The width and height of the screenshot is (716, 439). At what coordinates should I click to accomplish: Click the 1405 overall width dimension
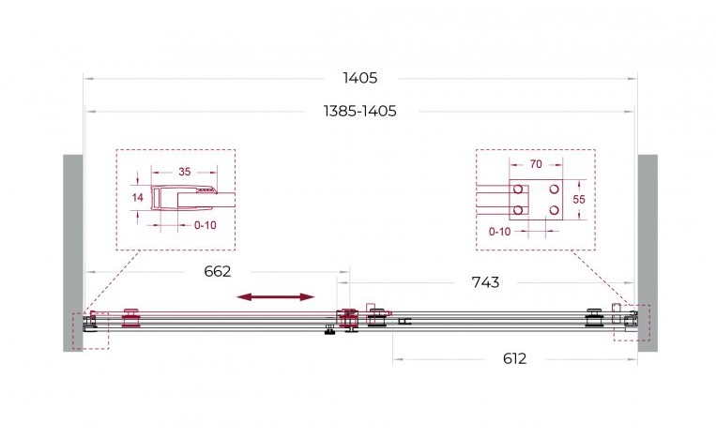pyautogui.click(x=360, y=78)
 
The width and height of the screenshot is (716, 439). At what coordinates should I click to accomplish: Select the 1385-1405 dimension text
pyautogui.click(x=359, y=111)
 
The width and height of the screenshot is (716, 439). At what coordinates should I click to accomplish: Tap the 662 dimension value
pyautogui.click(x=218, y=271)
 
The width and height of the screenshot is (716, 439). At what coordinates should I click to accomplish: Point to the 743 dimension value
pyautogui.click(x=485, y=282)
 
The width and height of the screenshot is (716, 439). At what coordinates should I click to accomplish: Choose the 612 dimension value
pyautogui.click(x=514, y=358)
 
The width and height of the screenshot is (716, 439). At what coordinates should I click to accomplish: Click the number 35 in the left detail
pyautogui.click(x=185, y=172)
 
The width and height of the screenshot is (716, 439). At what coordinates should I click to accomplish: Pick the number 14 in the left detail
pyautogui.click(x=137, y=197)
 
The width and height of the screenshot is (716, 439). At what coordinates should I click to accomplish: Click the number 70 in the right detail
pyautogui.click(x=536, y=164)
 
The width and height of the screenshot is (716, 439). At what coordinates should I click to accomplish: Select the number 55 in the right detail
pyautogui.click(x=579, y=200)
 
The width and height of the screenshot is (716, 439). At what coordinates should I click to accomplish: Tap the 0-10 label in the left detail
pyautogui.click(x=205, y=225)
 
